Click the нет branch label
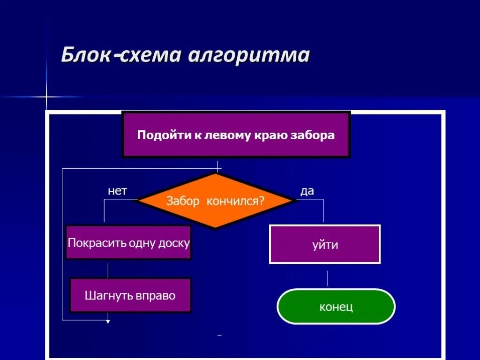(117, 191)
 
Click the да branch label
(307, 191)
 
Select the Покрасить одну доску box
(128, 243)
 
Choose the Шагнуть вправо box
(130, 295)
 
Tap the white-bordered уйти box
(325, 244)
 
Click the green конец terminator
(336, 307)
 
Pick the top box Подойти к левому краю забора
(236, 135)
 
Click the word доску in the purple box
(174, 243)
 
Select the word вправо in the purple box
(156, 296)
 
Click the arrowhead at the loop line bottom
(108, 322)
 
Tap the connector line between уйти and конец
(327, 278)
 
